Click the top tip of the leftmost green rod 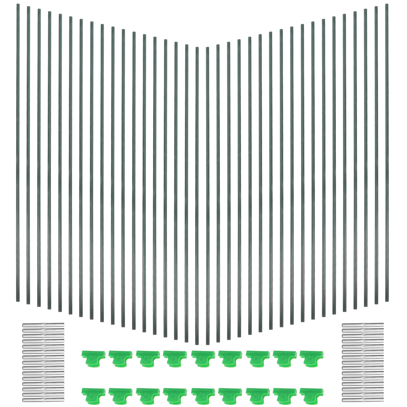(x=18, y=5)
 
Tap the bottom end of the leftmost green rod (x=18, y=301)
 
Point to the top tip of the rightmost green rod (x=387, y=5)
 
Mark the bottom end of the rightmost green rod (x=387, y=301)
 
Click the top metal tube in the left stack (x=43, y=325)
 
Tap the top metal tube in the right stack (x=362, y=325)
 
